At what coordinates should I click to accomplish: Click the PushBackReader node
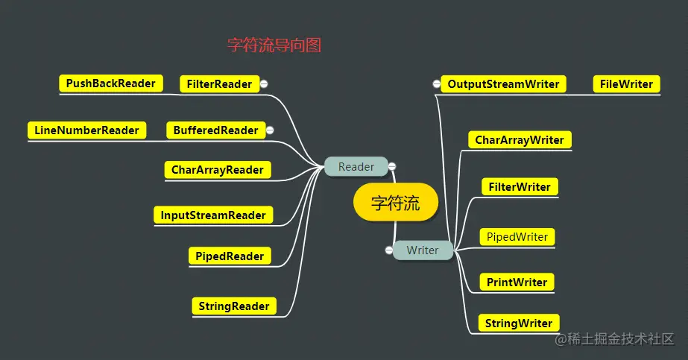(x=110, y=83)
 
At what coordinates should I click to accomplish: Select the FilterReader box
(x=219, y=84)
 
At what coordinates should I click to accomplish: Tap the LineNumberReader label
(x=86, y=130)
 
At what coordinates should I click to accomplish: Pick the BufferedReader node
(x=215, y=130)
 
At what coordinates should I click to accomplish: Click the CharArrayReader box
(x=217, y=170)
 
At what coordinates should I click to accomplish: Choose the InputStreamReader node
(x=213, y=215)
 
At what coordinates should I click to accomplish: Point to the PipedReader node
(x=229, y=256)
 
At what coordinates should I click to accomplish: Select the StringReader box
(x=233, y=306)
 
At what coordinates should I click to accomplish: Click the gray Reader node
(x=356, y=167)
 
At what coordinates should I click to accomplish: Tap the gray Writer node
(x=423, y=250)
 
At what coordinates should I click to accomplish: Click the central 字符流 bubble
(x=395, y=203)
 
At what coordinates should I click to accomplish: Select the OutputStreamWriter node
(x=503, y=84)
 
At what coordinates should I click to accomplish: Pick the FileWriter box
(x=626, y=84)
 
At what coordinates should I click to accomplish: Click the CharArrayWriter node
(x=519, y=140)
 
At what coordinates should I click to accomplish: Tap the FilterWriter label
(x=520, y=187)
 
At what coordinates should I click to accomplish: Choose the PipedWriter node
(x=517, y=237)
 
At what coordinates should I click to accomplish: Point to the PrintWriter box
(x=517, y=282)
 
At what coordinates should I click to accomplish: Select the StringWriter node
(x=518, y=323)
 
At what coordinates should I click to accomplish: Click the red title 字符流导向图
(x=274, y=45)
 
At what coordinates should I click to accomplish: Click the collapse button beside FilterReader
(x=264, y=84)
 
